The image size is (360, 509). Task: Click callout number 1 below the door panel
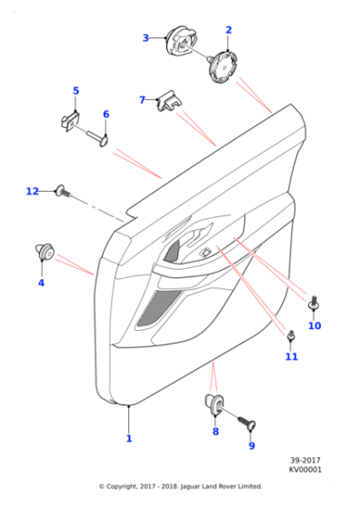click(129, 438)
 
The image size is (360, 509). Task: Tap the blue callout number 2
click(228, 31)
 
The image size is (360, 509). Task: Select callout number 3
click(145, 37)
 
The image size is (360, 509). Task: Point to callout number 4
click(41, 283)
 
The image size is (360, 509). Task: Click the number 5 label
click(76, 91)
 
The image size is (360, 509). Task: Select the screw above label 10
click(315, 303)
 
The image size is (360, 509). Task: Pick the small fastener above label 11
click(291, 336)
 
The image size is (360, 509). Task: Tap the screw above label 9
click(247, 423)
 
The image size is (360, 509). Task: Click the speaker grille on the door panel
click(155, 306)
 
